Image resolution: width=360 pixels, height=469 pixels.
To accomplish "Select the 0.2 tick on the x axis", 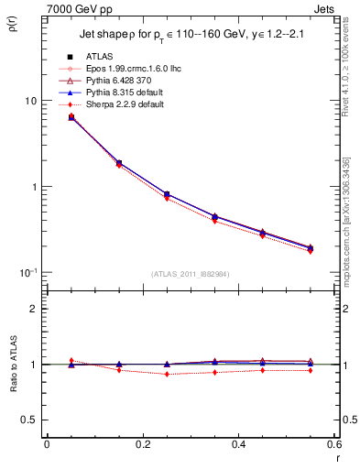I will pos(143,445).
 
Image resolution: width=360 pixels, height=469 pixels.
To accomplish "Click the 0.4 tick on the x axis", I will pos(239,445).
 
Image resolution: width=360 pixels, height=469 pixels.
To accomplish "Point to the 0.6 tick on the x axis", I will pos(334,445).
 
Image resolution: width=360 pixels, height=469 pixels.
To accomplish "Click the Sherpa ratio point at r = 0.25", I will pos(167,374).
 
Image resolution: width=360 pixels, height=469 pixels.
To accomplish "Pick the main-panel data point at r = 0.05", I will pos(71,117).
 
